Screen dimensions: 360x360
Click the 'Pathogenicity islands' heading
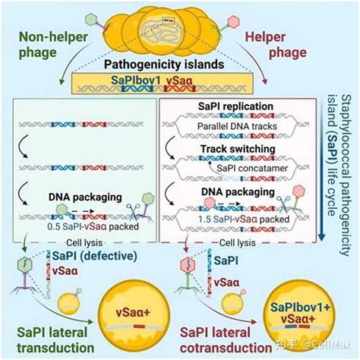click(164, 65)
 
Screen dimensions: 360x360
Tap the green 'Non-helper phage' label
click(53, 45)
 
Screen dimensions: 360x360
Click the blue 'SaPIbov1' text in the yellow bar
click(136, 81)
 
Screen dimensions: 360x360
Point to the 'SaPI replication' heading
click(235, 106)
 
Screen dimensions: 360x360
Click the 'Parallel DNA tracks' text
click(237, 126)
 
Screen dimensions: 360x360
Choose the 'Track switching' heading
click(238, 149)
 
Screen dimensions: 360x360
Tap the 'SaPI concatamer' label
click(252, 168)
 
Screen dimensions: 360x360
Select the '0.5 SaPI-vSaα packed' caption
click(93, 226)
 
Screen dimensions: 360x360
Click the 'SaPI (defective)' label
click(95, 256)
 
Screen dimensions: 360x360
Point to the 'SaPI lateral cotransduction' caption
click(226, 340)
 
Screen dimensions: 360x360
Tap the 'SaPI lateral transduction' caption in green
click(55, 340)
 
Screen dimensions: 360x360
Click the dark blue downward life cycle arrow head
click(321, 237)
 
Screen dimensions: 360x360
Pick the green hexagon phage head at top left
click(91, 20)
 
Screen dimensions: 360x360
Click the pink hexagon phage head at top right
click(233, 21)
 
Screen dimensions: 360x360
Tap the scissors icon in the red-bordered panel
click(283, 204)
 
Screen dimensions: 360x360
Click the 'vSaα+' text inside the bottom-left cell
click(133, 312)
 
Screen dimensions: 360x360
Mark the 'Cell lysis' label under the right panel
click(237, 243)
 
